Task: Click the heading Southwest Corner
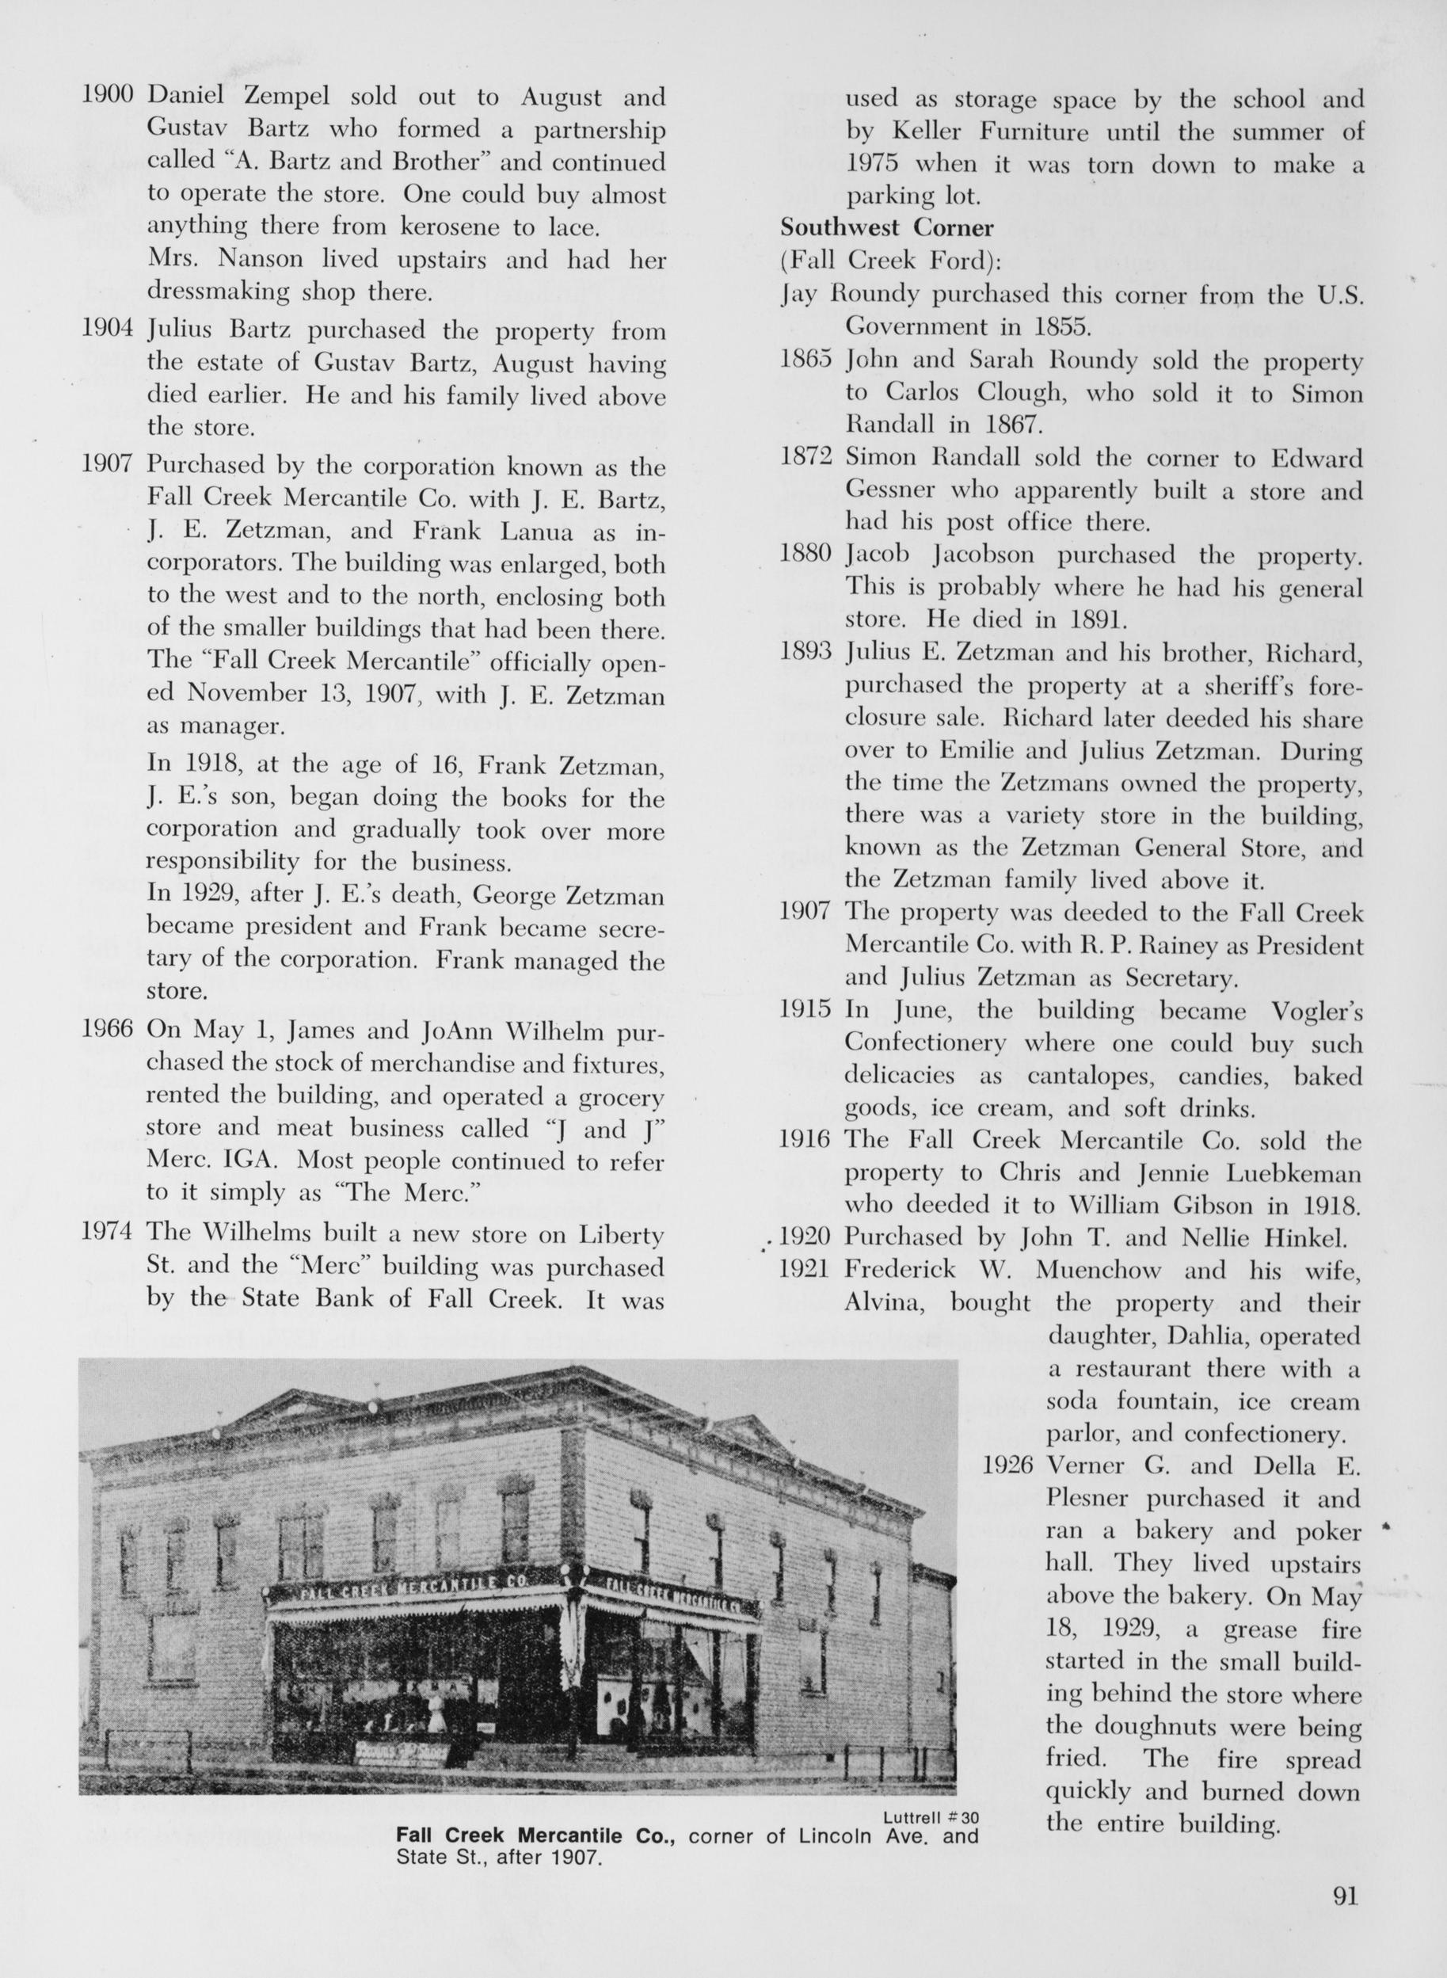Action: [886, 228]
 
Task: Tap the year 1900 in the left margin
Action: [107, 96]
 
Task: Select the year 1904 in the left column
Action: [107, 330]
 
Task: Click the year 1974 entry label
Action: [107, 1233]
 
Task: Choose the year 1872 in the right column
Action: [805, 457]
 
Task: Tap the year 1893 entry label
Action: [805, 652]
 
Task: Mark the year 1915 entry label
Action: [805, 1009]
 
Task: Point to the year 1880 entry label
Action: [805, 555]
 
